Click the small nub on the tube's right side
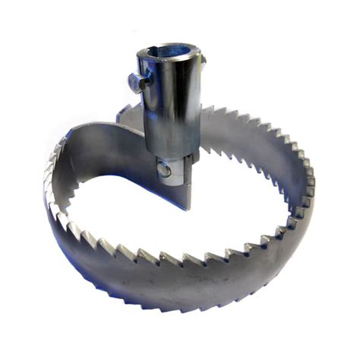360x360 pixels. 203,60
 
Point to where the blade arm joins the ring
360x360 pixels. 72,141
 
